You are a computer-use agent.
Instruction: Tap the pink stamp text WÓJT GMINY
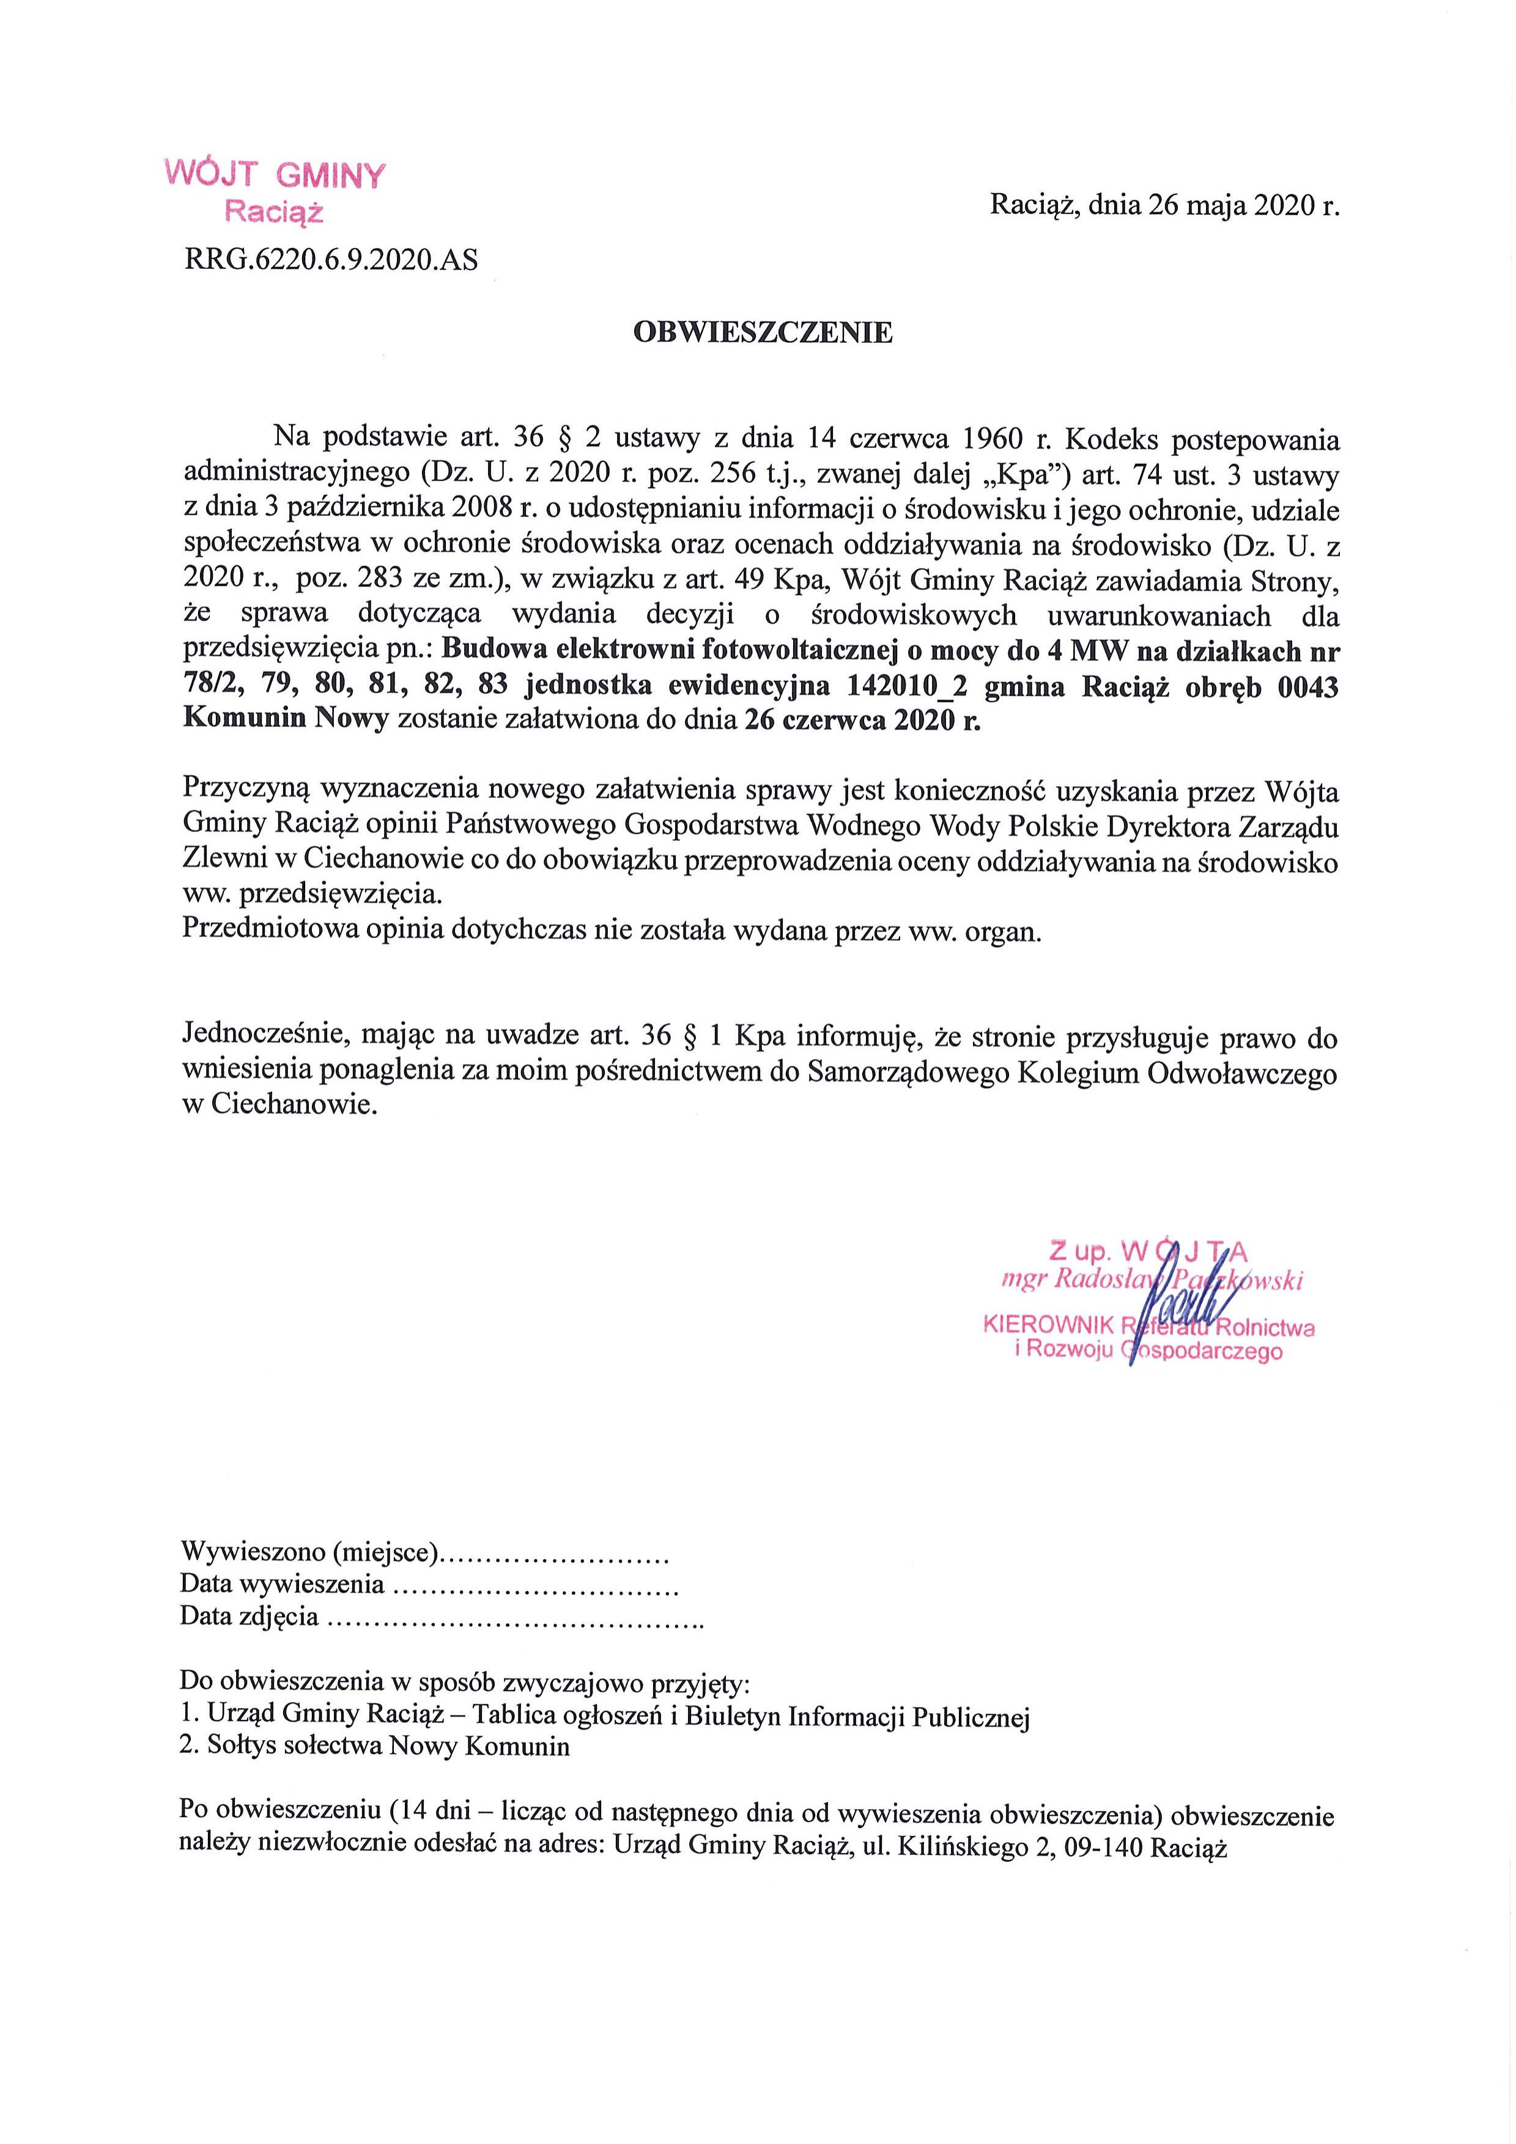point(275,175)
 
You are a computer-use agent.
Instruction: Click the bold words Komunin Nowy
point(286,721)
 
